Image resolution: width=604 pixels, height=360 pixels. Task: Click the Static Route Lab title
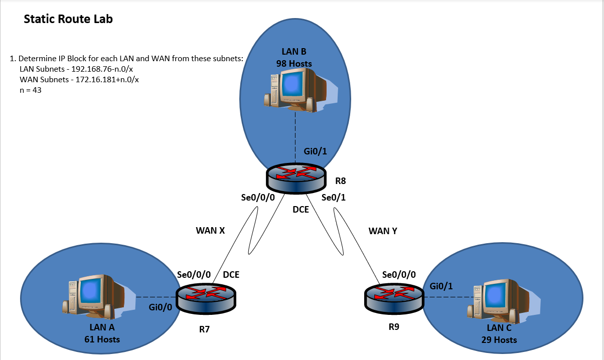coord(68,20)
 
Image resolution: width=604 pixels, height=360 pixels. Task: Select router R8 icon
coord(295,178)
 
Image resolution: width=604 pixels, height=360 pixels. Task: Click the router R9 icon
coord(393,297)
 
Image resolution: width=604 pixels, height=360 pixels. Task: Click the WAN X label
coord(210,231)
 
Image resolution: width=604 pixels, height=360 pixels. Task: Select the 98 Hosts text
coord(294,64)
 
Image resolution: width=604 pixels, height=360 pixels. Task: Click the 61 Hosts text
coord(102,339)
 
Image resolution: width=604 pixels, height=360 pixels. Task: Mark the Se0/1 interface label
coord(334,198)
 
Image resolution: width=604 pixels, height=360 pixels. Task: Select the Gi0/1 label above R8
coord(315,151)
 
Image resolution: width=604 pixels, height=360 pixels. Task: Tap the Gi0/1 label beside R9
coord(441,286)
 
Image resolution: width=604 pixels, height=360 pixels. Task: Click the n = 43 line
coord(30,90)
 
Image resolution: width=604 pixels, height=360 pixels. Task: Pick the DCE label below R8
coord(300,210)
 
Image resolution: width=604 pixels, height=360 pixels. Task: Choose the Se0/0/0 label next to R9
coord(399,275)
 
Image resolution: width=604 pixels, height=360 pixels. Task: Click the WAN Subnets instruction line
coord(79,79)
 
